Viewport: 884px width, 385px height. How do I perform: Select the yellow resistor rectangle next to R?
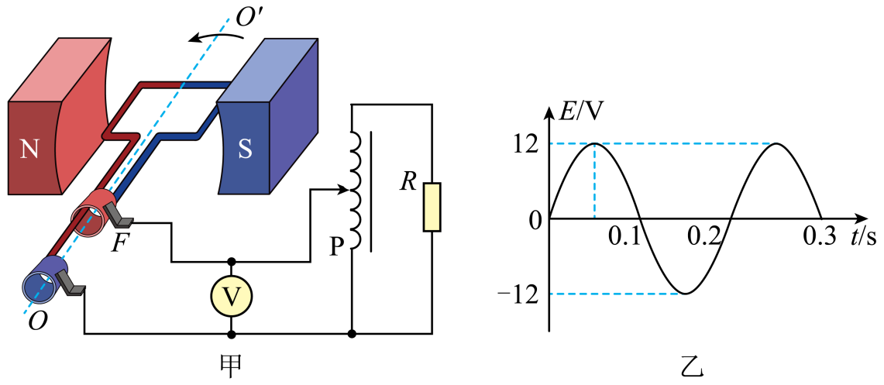pos(432,207)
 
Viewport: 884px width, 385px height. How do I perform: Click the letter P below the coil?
pos(336,246)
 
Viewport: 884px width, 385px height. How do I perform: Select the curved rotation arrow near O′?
pos(216,36)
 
